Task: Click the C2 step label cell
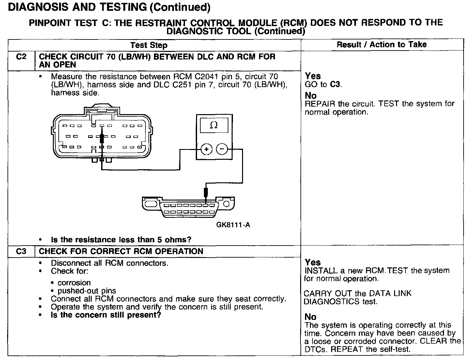pyautogui.click(x=21, y=57)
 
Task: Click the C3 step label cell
pyautogui.click(x=21, y=251)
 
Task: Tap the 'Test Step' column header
pyautogui.click(x=149, y=45)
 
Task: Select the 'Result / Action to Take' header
pyautogui.click(x=382, y=44)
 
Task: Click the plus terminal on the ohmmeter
pyautogui.click(x=206, y=149)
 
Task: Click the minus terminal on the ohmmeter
pyautogui.click(x=222, y=149)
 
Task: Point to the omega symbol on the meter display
pyautogui.click(x=214, y=125)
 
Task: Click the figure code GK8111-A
pyautogui.click(x=233, y=225)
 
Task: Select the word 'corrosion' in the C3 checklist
pyautogui.click(x=74, y=283)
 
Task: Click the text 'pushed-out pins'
pyautogui.click(x=87, y=291)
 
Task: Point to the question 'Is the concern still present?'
pyautogui.click(x=106, y=315)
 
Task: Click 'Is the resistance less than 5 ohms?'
pyautogui.click(x=121, y=240)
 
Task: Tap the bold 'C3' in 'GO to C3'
pyautogui.click(x=335, y=84)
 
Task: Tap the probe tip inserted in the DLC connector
pyautogui.click(x=206, y=198)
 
